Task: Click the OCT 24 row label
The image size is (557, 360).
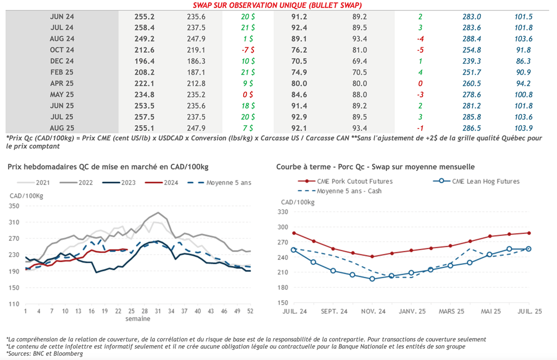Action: (61, 50)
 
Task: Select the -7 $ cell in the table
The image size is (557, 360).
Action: (247, 50)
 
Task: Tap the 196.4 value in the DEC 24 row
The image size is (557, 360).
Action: (144, 61)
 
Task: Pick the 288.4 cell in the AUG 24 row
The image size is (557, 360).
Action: (471, 39)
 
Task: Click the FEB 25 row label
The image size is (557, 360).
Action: (61, 72)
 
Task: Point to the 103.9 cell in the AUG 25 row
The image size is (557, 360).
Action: (523, 128)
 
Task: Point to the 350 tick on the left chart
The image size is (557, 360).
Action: (14, 206)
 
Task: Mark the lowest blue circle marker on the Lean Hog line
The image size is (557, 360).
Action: (372, 279)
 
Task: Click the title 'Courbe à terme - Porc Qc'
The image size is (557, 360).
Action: (321, 167)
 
